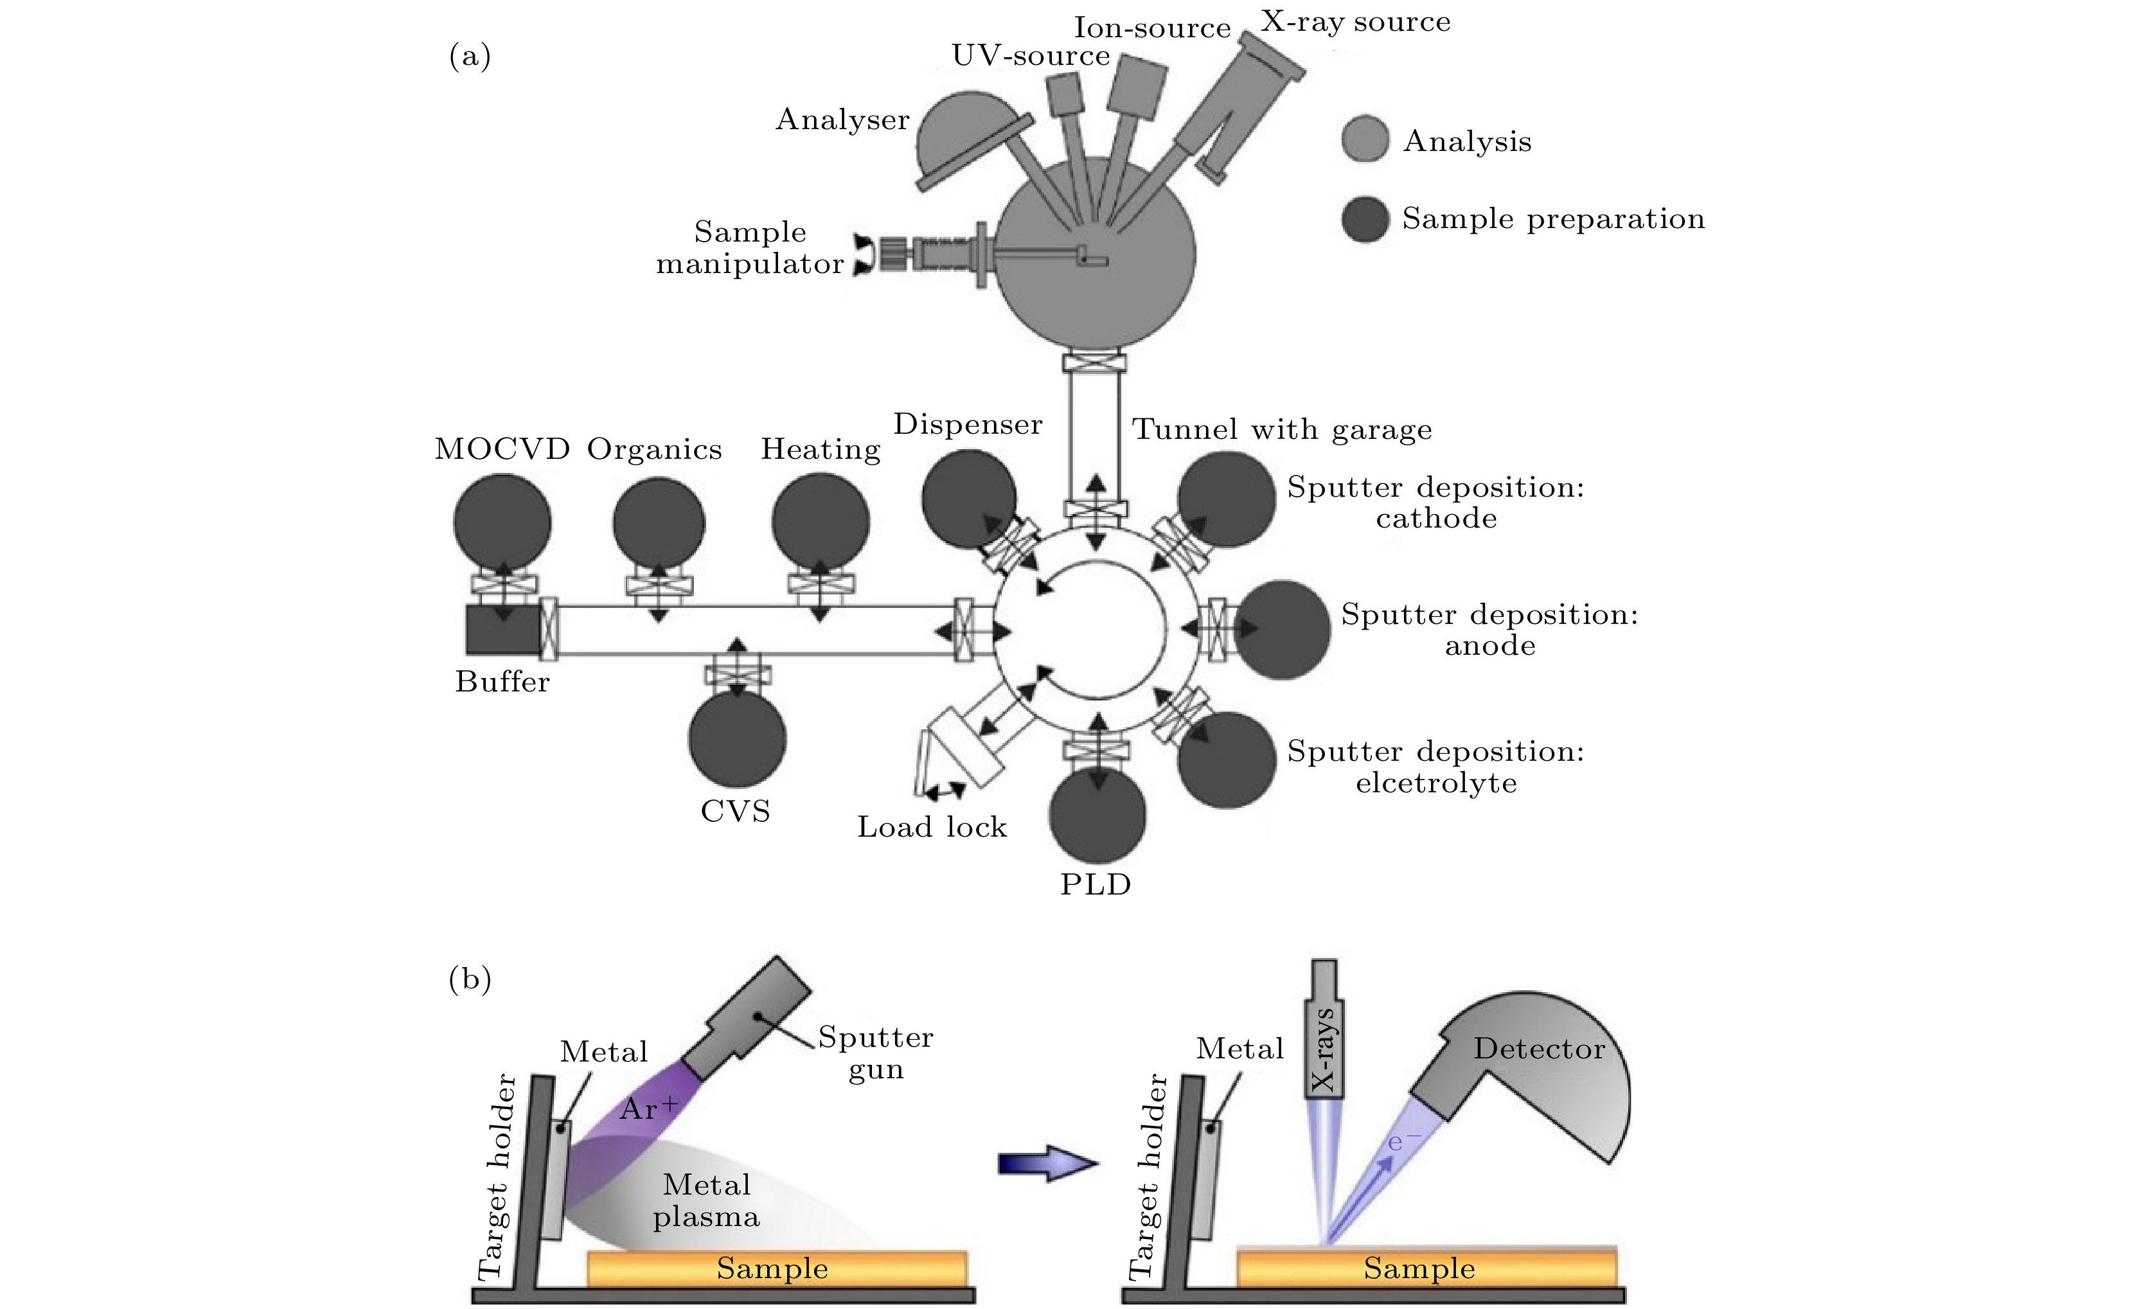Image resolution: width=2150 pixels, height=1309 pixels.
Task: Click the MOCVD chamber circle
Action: click(502, 522)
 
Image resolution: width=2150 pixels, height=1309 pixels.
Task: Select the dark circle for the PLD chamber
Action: click(1097, 816)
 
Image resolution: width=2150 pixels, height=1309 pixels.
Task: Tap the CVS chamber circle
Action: click(737, 738)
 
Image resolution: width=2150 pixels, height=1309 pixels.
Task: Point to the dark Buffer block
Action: click(502, 629)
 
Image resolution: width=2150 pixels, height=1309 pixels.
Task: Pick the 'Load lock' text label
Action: click(932, 826)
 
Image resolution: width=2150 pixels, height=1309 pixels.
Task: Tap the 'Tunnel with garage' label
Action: click(1282, 429)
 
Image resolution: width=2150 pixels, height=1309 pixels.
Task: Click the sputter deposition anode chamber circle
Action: click(1283, 629)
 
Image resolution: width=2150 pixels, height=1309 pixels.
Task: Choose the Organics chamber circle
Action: click(659, 524)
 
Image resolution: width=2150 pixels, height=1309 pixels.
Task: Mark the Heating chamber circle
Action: click(820, 521)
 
